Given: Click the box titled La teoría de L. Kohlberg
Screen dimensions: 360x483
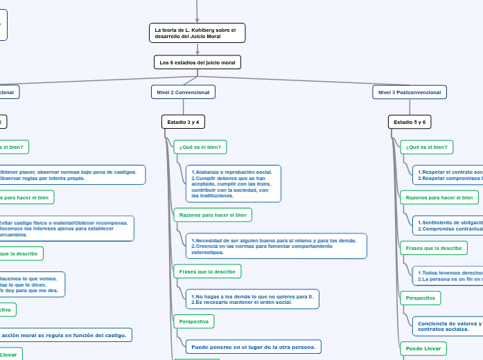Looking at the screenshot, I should point(197,33).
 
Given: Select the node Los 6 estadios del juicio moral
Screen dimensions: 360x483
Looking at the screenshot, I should point(197,62).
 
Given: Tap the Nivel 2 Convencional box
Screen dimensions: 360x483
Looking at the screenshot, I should point(183,91).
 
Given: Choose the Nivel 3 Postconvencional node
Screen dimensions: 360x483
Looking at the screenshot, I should point(410,91).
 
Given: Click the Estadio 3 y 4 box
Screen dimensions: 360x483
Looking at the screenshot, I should point(183,122).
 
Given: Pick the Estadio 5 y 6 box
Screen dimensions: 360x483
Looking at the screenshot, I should point(410,122).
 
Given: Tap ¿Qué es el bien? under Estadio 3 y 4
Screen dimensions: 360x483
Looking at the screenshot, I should point(200,147).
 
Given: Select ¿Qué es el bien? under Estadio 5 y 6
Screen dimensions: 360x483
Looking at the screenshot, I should point(426,147).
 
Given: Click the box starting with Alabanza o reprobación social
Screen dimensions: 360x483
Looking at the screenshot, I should point(234,183).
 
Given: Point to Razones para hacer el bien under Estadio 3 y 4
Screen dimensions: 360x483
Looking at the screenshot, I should point(213,215).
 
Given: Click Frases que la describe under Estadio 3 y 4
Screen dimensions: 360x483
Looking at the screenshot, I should point(207,271).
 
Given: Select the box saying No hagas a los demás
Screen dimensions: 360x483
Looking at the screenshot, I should point(252,299).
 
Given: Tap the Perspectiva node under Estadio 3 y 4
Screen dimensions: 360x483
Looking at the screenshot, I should point(193,321).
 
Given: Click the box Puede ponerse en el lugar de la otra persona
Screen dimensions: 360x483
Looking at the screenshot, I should point(253,346).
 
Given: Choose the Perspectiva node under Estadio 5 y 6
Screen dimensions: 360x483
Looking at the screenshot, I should point(420,298).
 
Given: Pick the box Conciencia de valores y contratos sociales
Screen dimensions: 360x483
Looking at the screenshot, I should point(447,325).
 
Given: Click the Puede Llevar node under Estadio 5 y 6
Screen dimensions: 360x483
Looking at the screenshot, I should point(423,348).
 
